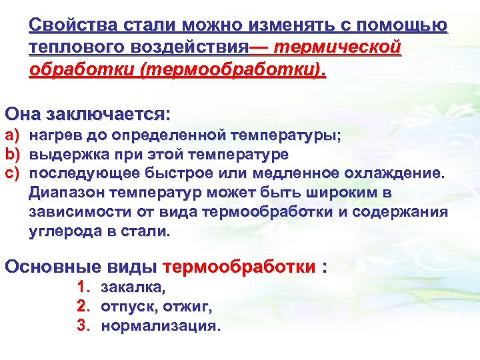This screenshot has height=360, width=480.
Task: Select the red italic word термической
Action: coord(338,47)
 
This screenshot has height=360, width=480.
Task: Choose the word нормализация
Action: coord(160,327)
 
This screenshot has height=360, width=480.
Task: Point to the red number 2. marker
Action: coord(83,307)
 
